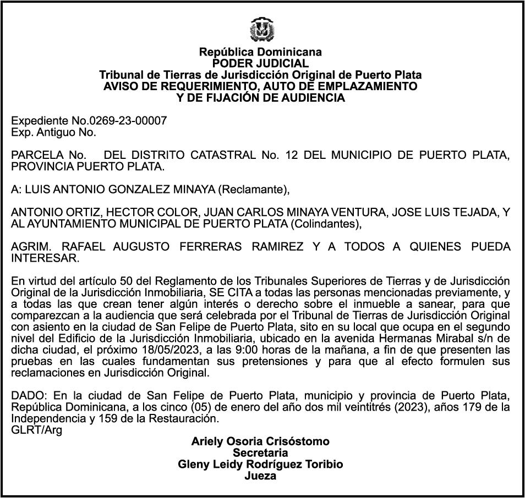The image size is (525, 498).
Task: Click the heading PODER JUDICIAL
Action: tap(260, 63)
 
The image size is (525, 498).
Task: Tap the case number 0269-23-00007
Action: tap(132, 121)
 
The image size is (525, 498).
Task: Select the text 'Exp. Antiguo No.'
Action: tap(53, 132)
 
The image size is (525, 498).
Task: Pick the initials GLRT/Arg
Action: tap(36, 430)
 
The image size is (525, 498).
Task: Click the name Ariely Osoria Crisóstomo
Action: tap(260, 441)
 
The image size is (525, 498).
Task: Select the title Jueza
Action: tap(260, 475)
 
